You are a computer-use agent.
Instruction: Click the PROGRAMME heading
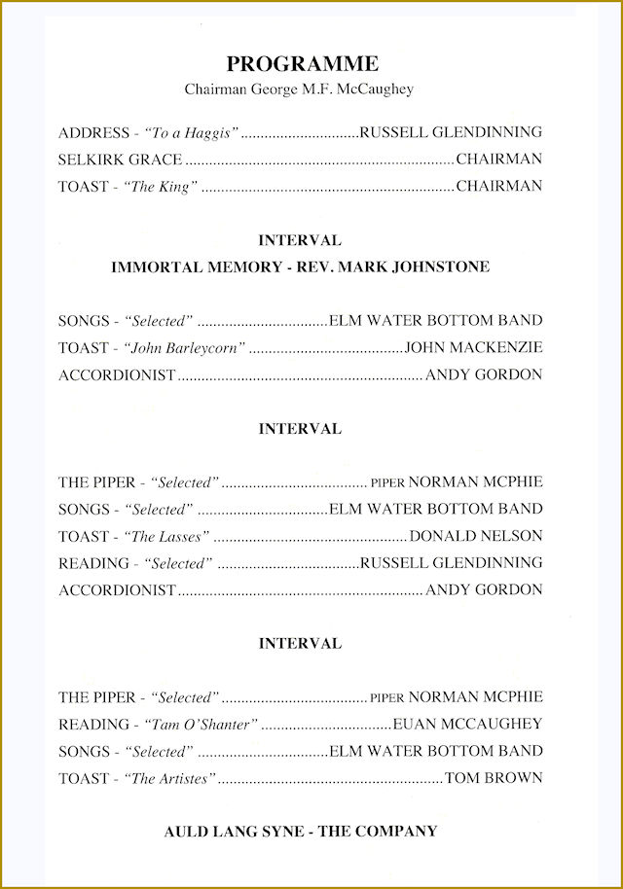coord(302,64)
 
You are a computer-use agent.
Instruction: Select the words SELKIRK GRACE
coord(120,160)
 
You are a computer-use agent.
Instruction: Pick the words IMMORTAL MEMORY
coord(196,267)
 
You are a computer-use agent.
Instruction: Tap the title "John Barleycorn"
coord(184,347)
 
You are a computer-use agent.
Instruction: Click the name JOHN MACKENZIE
coord(473,347)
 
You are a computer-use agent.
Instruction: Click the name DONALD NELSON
coord(476,536)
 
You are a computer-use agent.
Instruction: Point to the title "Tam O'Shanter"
coord(202,725)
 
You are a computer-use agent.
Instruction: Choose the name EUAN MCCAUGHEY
coord(467,725)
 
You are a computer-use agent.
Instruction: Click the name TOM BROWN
coord(494,778)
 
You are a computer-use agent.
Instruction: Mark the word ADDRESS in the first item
coord(93,132)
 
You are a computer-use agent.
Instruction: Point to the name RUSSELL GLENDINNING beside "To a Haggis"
coord(451,132)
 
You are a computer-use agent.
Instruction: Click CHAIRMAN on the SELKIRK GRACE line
coord(498,160)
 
